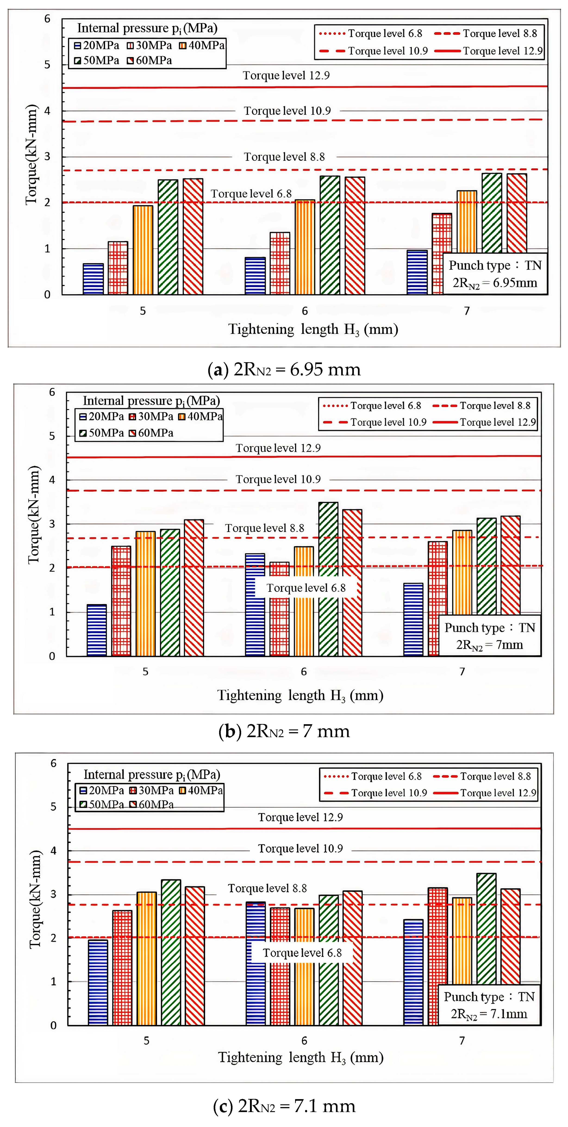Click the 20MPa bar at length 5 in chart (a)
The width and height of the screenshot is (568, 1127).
(x=93, y=279)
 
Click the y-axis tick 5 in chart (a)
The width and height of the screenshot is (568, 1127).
(x=47, y=65)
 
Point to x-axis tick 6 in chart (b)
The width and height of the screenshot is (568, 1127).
(x=303, y=672)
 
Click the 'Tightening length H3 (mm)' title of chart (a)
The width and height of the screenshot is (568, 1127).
(x=313, y=329)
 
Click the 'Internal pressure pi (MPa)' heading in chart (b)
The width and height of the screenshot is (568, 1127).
(x=151, y=401)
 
